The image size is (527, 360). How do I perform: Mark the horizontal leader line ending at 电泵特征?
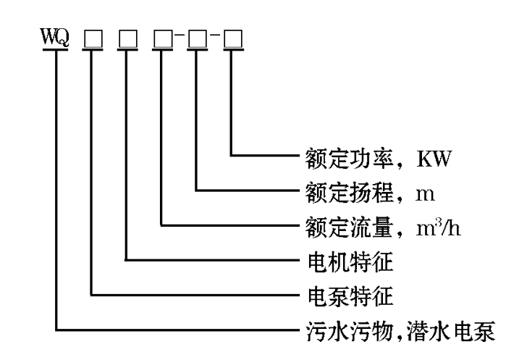pyautogui.click(x=195, y=295)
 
